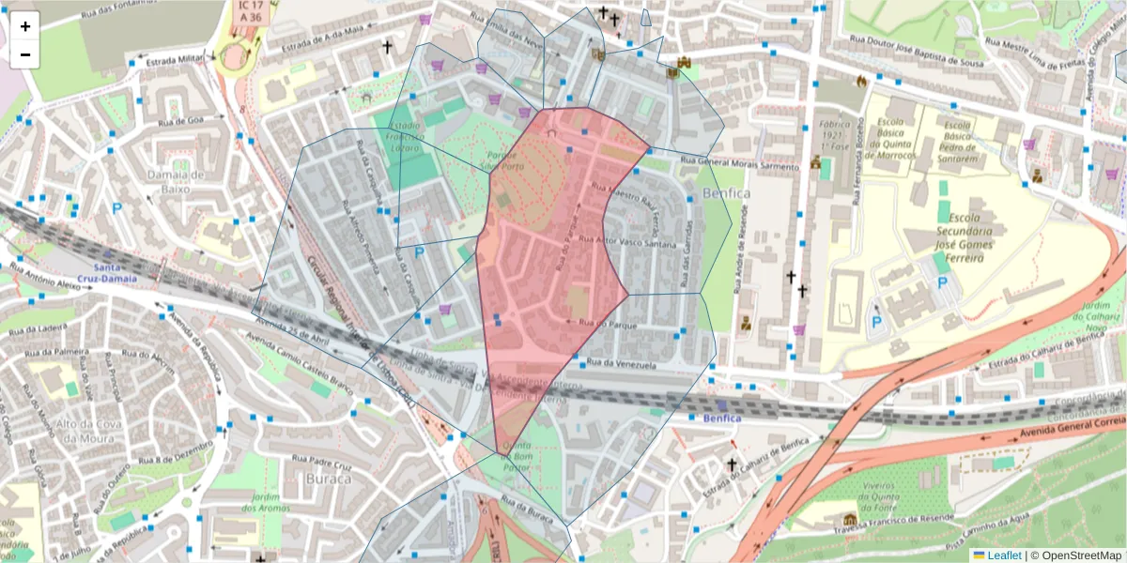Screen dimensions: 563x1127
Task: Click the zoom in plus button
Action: [25, 26]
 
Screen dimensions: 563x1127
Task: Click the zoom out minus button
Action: [25, 54]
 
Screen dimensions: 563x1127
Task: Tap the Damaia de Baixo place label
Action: [176, 181]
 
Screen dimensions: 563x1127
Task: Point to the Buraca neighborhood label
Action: [328, 479]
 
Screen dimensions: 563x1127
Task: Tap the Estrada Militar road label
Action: [175, 59]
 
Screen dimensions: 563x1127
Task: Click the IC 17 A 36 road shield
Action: [249, 11]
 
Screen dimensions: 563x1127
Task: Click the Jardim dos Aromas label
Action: [269, 502]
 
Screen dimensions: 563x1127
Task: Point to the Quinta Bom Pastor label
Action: [518, 455]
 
